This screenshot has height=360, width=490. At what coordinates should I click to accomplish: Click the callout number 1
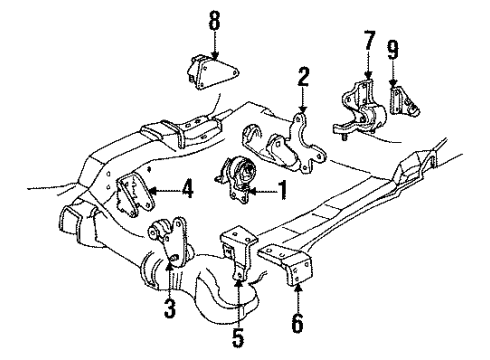pos(282,188)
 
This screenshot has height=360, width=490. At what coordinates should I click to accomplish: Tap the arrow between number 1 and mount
pos(262,187)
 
